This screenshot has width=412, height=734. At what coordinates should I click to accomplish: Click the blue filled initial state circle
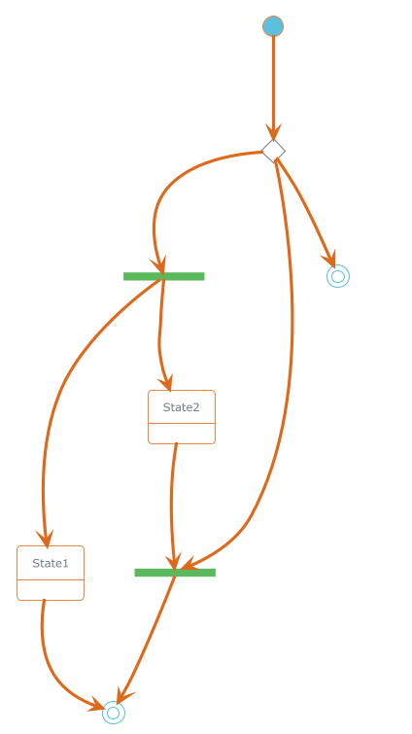coord(273,25)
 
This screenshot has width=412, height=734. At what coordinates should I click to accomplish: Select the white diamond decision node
coord(273,151)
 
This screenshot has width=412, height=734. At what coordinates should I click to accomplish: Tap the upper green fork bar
coord(163,276)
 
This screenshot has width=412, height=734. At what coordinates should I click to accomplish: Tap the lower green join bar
coord(175,573)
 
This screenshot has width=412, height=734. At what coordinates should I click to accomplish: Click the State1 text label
coord(51,563)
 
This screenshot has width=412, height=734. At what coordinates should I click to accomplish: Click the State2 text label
coord(182,407)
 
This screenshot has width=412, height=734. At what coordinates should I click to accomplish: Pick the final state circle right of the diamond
coord(338,276)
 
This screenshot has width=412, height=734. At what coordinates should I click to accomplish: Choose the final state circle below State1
coord(114,713)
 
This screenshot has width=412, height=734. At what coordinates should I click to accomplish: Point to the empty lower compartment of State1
coord(51,590)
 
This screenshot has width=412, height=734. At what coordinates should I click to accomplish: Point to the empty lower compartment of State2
coord(182,434)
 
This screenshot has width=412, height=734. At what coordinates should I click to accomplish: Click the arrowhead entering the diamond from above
coord(274,132)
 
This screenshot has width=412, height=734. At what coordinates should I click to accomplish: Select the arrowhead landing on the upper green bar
coord(159,265)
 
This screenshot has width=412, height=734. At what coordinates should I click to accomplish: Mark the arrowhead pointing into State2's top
coord(166,383)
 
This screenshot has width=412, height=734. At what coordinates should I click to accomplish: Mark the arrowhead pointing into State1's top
coord(46,539)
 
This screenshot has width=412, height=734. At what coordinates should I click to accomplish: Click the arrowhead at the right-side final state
coord(329,260)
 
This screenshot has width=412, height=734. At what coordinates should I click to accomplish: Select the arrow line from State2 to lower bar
coord(172,506)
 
